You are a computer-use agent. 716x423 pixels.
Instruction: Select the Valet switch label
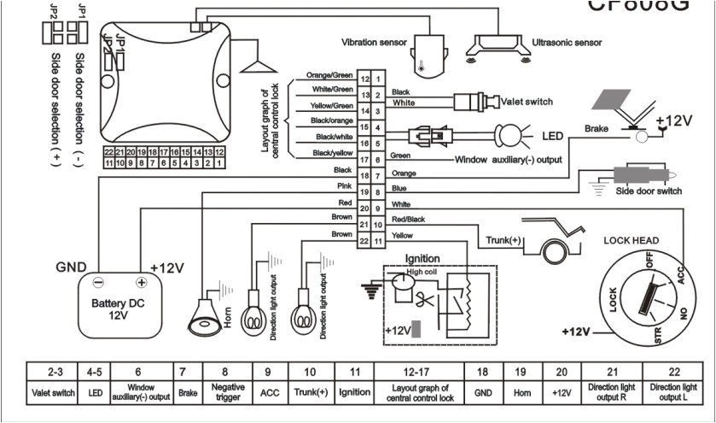point(526,102)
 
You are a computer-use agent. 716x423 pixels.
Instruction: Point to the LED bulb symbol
point(509,135)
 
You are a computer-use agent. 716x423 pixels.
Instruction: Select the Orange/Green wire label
point(329,75)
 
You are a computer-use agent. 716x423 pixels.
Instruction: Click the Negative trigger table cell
point(224,391)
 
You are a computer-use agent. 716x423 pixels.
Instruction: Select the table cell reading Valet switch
point(55,391)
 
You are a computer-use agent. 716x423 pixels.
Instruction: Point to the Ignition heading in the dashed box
point(422,258)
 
